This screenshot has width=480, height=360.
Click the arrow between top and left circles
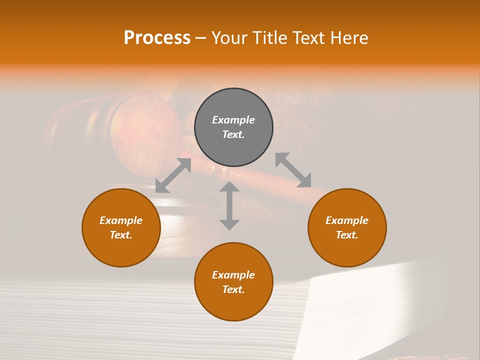173,175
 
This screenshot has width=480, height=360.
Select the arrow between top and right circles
293,170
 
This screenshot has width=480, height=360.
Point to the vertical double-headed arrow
229,205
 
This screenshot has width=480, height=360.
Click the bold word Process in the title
157,38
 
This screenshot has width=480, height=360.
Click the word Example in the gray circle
233,120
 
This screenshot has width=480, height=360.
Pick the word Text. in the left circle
121,235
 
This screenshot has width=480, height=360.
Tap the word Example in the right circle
347,220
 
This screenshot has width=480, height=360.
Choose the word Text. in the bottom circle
233,289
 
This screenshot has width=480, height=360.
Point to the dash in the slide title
200,38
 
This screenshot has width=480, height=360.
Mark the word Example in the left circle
121,220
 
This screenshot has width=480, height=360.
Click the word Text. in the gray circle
233,134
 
